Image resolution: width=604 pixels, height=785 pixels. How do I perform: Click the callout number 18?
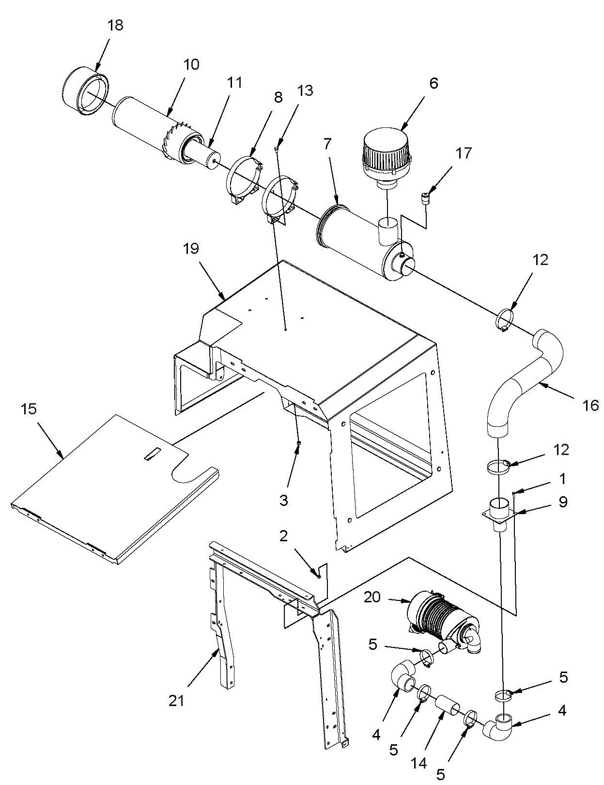(x=115, y=25)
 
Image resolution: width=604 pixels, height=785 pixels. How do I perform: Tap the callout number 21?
(x=176, y=701)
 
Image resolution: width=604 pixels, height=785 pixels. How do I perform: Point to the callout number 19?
(x=191, y=249)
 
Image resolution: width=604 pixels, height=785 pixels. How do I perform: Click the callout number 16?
(x=591, y=406)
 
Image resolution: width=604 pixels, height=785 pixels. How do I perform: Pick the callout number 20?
(x=372, y=607)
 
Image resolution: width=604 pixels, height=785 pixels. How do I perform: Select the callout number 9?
(x=563, y=502)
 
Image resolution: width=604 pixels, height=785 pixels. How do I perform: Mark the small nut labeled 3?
(x=298, y=442)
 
